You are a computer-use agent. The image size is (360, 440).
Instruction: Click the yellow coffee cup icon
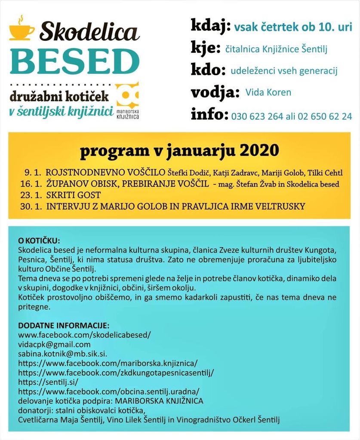coord(22,30)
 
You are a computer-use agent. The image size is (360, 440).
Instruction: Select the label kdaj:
coord(210,26)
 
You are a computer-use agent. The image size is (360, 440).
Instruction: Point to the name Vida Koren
coord(268,92)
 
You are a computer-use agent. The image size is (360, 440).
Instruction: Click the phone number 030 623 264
coord(257,116)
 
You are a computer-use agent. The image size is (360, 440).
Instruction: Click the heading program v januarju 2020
coord(179,151)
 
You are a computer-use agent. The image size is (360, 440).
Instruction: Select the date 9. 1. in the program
coord(32,173)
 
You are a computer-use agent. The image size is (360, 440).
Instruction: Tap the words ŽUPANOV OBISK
coord(82,184)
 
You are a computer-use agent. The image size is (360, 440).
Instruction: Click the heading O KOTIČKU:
coord(39,240)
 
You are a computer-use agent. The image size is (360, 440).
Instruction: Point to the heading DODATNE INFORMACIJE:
coord(64,325)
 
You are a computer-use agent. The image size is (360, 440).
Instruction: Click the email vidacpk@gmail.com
coord(54,345)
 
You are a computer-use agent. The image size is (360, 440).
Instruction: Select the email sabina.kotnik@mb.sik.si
coord(62,354)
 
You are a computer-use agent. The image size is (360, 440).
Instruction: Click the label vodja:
coord(215,92)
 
